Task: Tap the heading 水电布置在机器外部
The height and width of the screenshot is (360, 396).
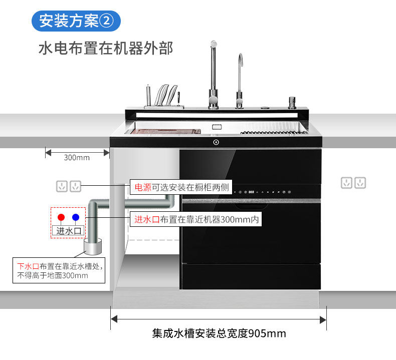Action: tap(106, 49)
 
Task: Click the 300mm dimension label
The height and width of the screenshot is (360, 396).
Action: tap(77, 157)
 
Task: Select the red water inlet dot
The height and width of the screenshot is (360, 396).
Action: tap(61, 217)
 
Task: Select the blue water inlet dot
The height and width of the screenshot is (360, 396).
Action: tap(75, 217)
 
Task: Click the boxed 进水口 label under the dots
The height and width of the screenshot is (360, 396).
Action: tap(68, 231)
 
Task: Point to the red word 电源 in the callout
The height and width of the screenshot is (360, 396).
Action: tap(143, 188)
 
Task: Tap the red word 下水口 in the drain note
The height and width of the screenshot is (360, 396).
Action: tap(28, 266)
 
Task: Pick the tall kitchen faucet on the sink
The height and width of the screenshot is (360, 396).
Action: tap(213, 75)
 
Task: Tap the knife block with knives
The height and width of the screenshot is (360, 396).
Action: tap(163, 97)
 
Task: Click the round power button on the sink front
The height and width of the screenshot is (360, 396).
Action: tap(216, 142)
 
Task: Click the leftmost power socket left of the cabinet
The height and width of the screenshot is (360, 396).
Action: tap(62, 187)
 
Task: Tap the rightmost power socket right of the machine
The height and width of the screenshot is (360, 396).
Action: tap(360, 183)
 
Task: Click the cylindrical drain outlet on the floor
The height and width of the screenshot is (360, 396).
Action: tap(92, 247)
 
